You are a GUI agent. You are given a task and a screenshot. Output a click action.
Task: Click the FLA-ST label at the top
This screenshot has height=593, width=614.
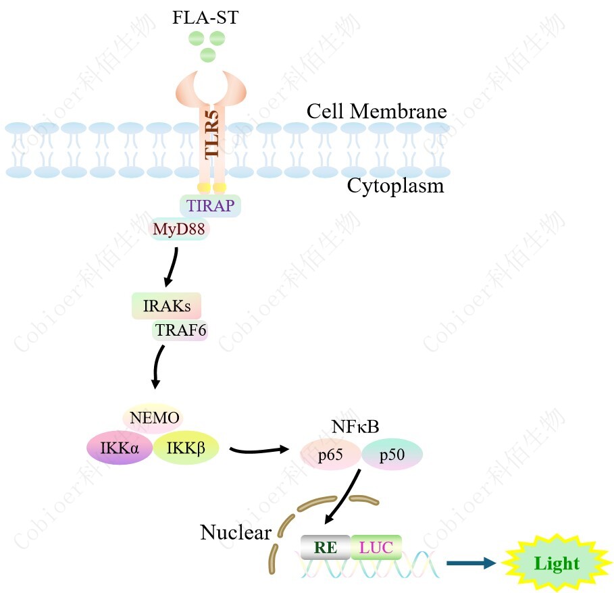[x=205, y=18]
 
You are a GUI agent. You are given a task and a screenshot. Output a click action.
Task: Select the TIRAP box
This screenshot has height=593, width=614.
[x=209, y=206]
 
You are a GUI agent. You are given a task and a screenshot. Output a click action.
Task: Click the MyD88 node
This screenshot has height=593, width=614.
[x=178, y=230]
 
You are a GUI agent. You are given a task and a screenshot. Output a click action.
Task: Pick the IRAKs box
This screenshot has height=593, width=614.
[x=167, y=307]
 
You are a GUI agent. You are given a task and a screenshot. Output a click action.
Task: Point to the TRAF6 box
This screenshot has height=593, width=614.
[x=180, y=330]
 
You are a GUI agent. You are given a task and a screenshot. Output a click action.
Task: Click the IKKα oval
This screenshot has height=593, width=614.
[x=120, y=446]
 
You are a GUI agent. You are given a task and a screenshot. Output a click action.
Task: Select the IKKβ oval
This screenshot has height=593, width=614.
[x=186, y=447]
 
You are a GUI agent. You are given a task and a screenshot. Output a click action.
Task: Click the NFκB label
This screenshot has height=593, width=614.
[x=355, y=427]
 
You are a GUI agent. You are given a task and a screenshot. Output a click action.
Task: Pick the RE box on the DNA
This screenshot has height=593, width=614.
[x=326, y=547]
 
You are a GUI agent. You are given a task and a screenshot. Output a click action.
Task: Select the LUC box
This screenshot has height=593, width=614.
[x=376, y=547]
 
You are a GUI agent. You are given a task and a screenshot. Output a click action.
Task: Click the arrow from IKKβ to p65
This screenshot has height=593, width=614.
[x=259, y=450]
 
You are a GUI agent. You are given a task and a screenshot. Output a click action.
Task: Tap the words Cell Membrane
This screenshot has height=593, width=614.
[x=377, y=111]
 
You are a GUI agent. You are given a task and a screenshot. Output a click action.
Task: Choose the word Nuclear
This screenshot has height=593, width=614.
[x=236, y=533]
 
